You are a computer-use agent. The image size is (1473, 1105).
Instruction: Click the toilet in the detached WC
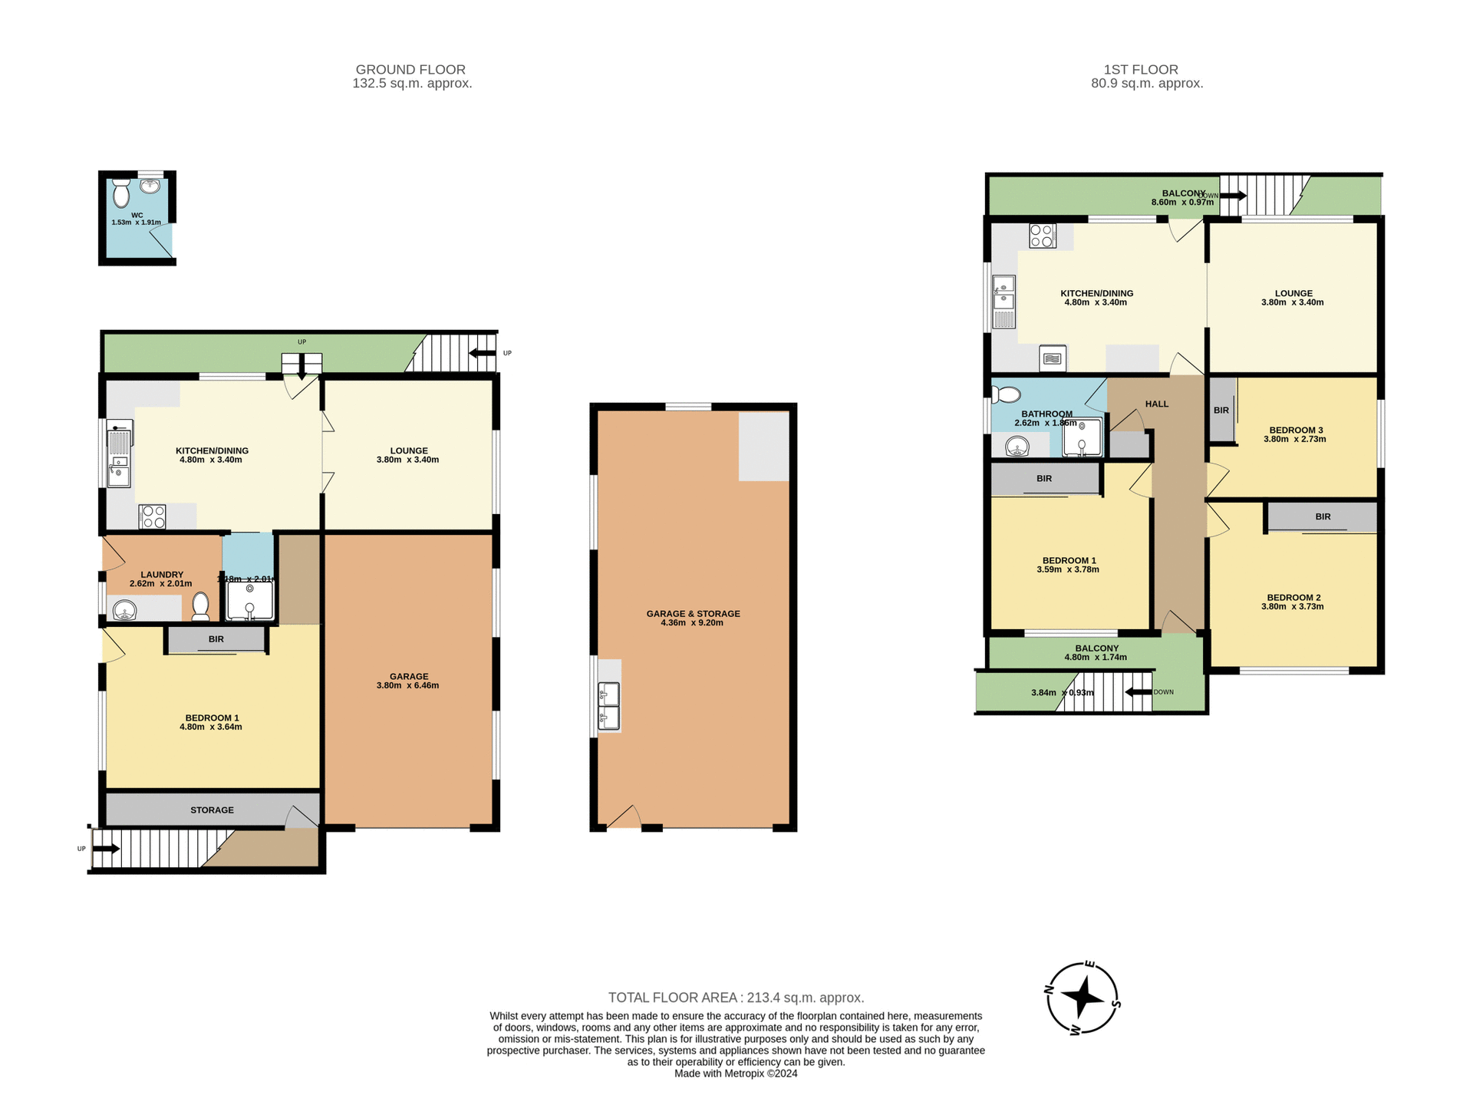click(x=121, y=193)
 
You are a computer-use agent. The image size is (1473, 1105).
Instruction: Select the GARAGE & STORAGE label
click(x=693, y=614)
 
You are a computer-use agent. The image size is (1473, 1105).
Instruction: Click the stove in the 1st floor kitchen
click(x=1042, y=236)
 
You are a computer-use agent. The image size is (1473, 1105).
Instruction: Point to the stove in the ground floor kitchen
click(x=152, y=516)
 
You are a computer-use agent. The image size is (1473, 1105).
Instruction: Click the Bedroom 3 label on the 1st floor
click(x=1295, y=430)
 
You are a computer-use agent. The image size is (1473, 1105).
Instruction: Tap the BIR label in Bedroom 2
click(x=1323, y=517)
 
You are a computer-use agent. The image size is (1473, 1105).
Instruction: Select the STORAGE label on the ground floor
click(x=212, y=810)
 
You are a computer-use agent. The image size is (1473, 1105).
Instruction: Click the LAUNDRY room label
click(x=162, y=575)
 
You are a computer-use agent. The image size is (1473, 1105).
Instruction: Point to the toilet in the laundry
click(x=200, y=605)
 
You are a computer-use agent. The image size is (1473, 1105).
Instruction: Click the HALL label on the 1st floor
click(x=1156, y=404)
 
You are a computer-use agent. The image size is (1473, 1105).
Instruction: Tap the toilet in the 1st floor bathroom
click(x=1007, y=395)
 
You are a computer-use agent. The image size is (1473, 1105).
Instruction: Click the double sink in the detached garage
click(x=608, y=706)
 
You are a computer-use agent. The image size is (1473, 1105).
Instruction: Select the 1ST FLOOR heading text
click(x=1141, y=70)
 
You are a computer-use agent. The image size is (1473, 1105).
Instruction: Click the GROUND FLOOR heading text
click(x=410, y=70)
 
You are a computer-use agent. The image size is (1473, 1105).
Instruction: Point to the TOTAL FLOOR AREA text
click(x=736, y=998)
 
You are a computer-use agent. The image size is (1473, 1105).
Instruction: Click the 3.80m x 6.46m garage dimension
click(x=407, y=686)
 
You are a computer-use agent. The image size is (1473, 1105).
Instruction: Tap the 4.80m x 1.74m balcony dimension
click(x=1096, y=658)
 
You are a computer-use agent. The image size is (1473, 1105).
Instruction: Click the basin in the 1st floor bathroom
click(x=1017, y=447)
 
